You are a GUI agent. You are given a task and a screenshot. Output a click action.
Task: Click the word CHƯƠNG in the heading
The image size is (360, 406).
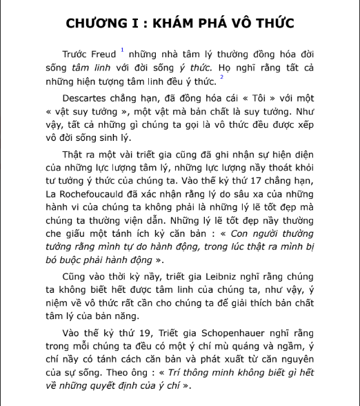95,23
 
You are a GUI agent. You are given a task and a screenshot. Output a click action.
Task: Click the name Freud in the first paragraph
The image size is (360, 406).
103,54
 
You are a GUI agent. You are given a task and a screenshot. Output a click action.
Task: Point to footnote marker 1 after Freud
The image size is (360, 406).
121,49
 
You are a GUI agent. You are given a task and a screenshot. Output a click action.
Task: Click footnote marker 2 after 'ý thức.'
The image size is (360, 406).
222,78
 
